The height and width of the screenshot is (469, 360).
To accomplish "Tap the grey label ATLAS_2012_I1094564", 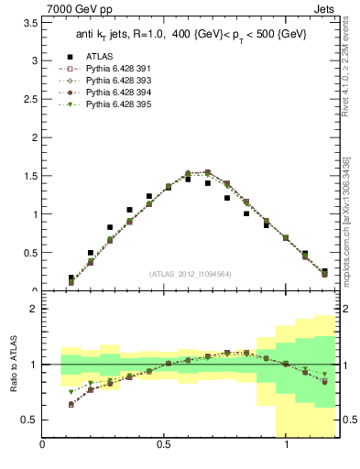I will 190,273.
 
